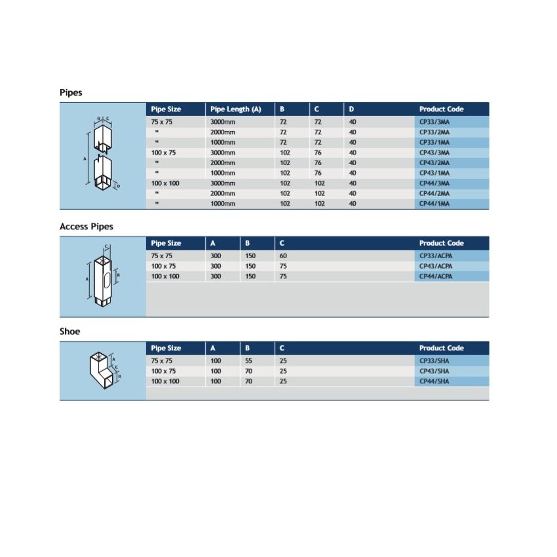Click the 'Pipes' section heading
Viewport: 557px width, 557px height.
tap(71, 92)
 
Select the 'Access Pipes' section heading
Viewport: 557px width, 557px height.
tap(86, 226)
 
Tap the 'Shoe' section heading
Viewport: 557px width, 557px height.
tap(69, 331)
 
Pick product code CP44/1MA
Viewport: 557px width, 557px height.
tap(434, 204)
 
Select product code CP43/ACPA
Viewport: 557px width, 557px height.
tap(436, 266)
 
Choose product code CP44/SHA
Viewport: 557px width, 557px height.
tap(434, 381)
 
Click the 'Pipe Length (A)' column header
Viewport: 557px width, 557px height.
tap(235, 109)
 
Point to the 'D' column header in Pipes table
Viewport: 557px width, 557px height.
tap(352, 109)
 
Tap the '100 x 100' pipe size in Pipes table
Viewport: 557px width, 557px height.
tap(165, 183)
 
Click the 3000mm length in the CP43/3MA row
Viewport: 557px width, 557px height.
tap(222, 153)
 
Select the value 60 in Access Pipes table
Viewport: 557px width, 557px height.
tap(283, 256)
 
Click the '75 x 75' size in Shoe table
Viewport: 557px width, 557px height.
tap(161, 360)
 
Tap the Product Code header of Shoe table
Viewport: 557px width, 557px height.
tap(441, 348)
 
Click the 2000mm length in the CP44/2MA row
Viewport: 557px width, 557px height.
tap(222, 193)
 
